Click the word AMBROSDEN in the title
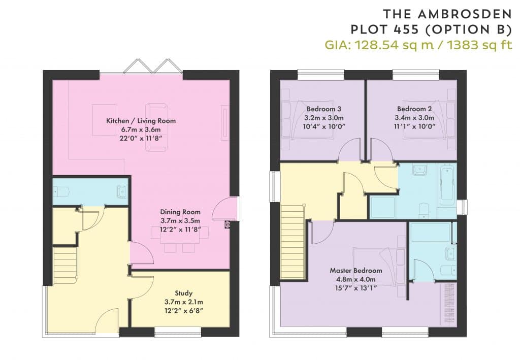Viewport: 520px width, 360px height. click(465, 14)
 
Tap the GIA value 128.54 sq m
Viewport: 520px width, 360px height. click(394, 45)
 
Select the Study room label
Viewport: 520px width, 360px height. click(183, 293)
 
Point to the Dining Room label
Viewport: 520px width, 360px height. click(180, 212)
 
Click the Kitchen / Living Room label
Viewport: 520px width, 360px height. click(141, 121)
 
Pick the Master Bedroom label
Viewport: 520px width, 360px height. click(356, 271)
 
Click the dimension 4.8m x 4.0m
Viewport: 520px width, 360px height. click(356, 279)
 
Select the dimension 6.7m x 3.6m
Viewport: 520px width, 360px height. click(141, 129)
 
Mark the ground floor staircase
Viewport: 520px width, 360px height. click(65, 265)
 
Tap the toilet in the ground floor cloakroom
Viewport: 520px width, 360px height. click(61, 191)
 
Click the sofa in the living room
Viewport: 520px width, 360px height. click(156, 127)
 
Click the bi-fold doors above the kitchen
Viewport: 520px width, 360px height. click(152, 66)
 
